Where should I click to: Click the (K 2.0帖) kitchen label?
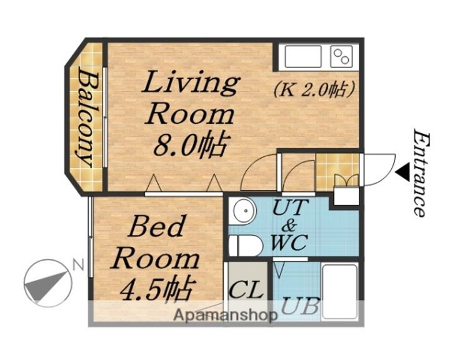314,90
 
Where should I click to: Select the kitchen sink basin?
303,57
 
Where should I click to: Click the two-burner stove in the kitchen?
341,56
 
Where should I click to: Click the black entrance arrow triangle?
403,172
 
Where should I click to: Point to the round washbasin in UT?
244,211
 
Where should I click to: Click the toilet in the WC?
246,246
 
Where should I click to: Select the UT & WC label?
290,225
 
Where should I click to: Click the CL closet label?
246,289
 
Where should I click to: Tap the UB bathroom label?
300,306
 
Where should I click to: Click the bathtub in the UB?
340,291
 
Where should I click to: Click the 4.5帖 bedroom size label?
156,289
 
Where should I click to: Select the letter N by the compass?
77,265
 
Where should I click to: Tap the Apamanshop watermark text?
226,316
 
